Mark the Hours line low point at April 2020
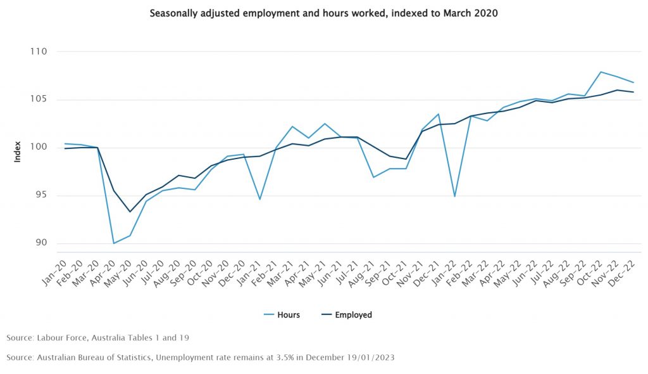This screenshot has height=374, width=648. pyautogui.click(x=114, y=243)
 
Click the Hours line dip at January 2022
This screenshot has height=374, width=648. pyautogui.click(x=455, y=196)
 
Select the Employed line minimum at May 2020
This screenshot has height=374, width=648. pyautogui.click(x=130, y=212)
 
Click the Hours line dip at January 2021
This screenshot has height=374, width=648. pyautogui.click(x=260, y=199)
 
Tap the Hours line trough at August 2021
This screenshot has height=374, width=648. pyautogui.click(x=373, y=177)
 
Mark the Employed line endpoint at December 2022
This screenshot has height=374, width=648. pyautogui.click(x=633, y=92)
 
